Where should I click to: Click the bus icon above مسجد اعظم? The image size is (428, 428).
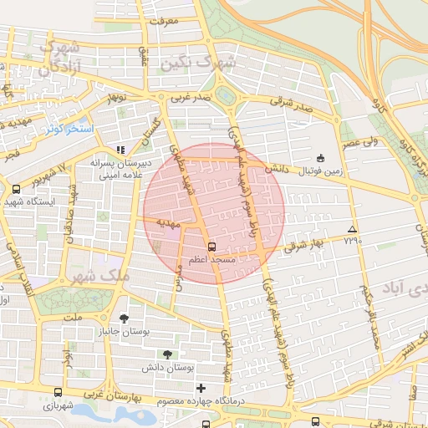(211, 247)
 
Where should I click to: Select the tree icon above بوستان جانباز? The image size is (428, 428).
(125, 318)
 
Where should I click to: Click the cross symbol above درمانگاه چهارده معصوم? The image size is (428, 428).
(201, 388)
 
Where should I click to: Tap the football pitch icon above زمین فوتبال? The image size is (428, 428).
(320, 158)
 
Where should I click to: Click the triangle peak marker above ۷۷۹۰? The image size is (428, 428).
(352, 229)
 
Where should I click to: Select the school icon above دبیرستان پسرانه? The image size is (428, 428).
(119, 150)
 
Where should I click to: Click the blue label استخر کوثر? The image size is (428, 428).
(66, 129)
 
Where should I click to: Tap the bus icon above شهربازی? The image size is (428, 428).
(58, 392)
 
